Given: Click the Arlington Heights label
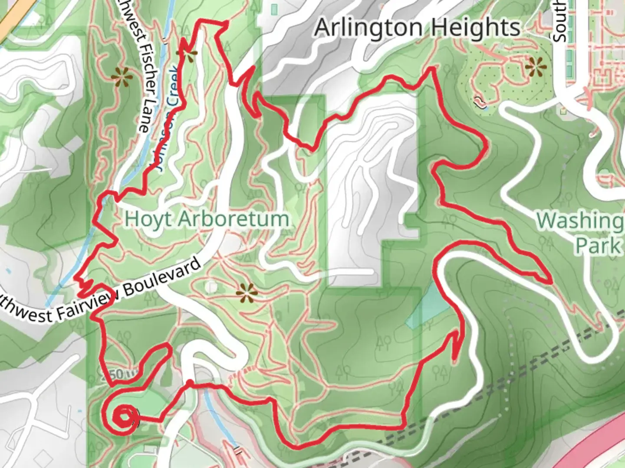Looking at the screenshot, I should pyautogui.click(x=417, y=28).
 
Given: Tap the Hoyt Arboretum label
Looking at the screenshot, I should pyautogui.click(x=207, y=219).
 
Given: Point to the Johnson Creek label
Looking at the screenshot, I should pyautogui.click(x=167, y=117).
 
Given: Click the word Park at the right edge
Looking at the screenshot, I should pyautogui.click(x=598, y=245).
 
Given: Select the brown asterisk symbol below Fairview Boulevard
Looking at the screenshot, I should pyautogui.click(x=247, y=294).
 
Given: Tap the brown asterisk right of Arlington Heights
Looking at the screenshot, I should pyautogui.click(x=535, y=68).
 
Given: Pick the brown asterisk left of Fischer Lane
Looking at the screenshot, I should pyautogui.click(x=122, y=78).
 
